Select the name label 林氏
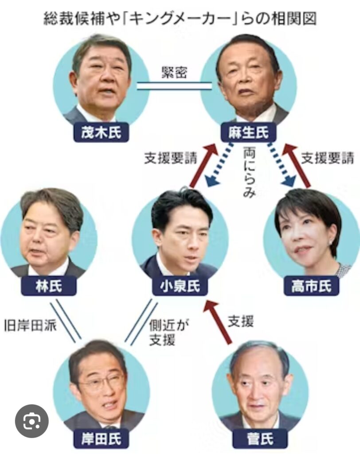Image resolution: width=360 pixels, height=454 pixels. point(48,286)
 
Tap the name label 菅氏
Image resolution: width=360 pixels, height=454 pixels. point(259,439)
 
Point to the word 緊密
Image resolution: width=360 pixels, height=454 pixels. point(174,73)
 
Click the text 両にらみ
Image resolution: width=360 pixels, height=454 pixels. point(249,172)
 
